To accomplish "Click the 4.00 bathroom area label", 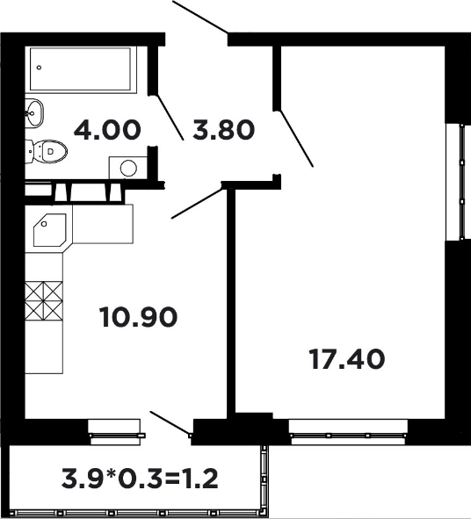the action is coord(107,130).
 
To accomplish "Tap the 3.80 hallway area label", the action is coord(223,130).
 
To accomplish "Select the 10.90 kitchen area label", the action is coord(138,317).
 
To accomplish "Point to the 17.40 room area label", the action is coord(347,359).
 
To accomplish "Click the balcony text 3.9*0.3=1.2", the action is coord(140,479).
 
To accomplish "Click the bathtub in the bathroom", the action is coord(81,69).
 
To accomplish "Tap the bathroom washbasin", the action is coord(33,113).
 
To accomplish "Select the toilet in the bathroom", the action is coord(46,152).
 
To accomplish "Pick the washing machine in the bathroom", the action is coord(128,168).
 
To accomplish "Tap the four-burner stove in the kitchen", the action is coord(44,301).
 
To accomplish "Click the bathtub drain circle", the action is coord(39,68).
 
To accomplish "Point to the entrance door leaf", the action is coord(200,17).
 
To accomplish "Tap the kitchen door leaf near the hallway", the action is coord(197,203).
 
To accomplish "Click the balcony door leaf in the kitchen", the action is coord(170,422).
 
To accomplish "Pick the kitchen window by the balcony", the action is coord(116,432).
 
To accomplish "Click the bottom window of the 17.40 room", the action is coord(349,432).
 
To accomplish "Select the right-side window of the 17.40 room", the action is coord(459,182).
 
